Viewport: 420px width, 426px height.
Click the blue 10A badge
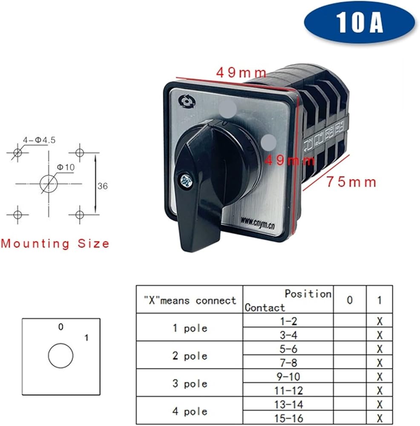[x=359, y=22]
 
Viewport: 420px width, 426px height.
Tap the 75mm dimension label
[x=351, y=182]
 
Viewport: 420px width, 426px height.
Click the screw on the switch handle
[x=187, y=181]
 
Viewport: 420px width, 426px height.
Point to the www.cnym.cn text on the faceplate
[x=258, y=223]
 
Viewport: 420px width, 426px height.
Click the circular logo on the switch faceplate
[x=187, y=102]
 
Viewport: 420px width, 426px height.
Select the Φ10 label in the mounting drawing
[x=66, y=167]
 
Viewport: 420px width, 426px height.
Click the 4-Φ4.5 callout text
[x=39, y=140]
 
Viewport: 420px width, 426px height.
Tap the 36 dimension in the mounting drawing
[x=102, y=186]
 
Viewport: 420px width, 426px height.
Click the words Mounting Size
[x=55, y=243]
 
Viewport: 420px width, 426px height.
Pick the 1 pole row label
[x=190, y=328]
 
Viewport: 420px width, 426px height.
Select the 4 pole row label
[x=190, y=412]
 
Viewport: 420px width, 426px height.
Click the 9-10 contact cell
[x=288, y=377]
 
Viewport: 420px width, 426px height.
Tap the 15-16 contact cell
[x=288, y=418]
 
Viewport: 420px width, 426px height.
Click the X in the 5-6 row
[x=380, y=349]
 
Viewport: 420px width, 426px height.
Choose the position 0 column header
[x=350, y=300]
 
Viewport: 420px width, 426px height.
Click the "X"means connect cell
[x=190, y=300]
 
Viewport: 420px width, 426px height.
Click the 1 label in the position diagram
[x=86, y=338]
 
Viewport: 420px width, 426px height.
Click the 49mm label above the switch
[x=241, y=72]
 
